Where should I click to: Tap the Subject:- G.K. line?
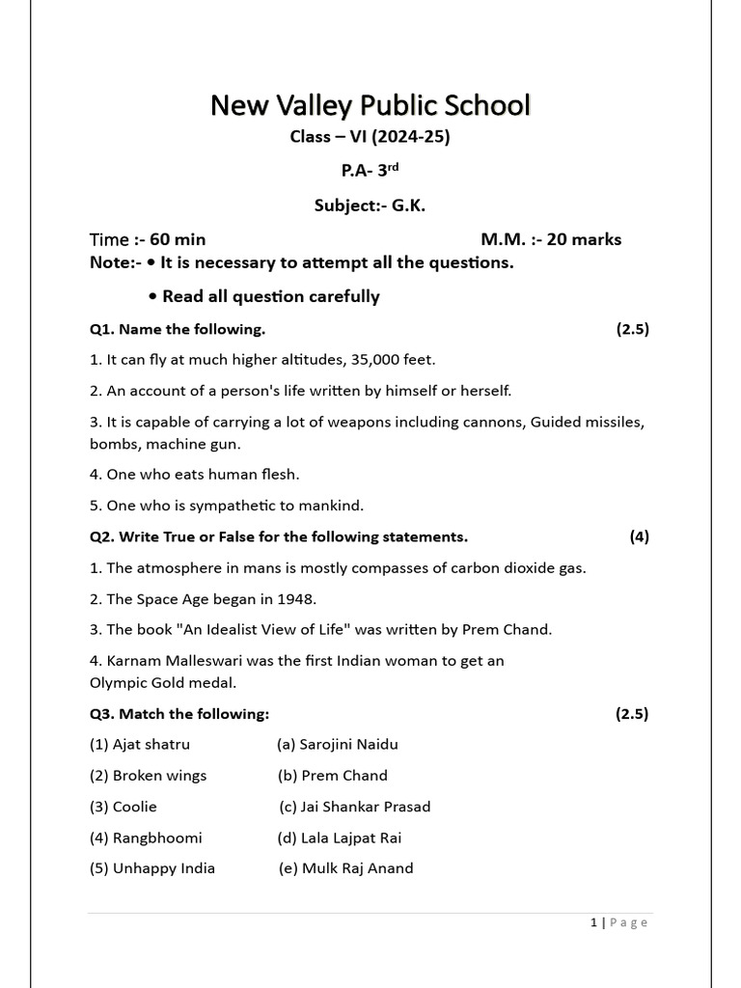370,206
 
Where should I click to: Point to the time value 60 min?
178,239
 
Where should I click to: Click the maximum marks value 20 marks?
584,239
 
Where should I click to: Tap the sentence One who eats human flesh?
190,474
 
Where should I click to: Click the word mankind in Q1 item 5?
332,506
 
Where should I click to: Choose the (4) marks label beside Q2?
639,536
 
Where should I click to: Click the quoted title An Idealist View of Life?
265,629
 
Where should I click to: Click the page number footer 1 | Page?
619,922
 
